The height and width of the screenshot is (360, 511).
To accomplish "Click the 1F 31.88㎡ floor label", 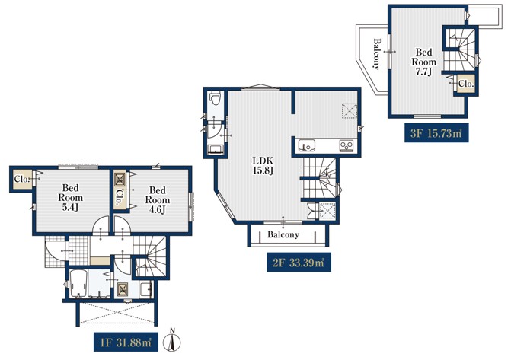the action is pyautogui.click(x=126, y=342).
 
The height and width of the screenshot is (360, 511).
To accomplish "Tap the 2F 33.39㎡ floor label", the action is pyautogui.click(x=299, y=263).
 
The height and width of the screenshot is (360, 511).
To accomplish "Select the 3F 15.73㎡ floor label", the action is pyautogui.click(x=436, y=132).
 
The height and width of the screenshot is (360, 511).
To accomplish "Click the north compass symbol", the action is pyautogui.click(x=173, y=340).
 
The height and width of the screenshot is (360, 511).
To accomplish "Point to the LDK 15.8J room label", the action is pyautogui.click(x=263, y=165).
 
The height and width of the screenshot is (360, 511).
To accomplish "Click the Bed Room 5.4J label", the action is pyautogui.click(x=70, y=197).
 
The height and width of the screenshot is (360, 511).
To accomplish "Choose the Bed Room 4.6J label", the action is pyautogui.click(x=158, y=199).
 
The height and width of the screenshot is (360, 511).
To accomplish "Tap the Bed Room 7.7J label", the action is pyautogui.click(x=423, y=62).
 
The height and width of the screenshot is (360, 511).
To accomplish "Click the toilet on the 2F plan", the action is pyautogui.click(x=216, y=97).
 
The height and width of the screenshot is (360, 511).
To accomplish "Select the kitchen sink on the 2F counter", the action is pyautogui.click(x=307, y=146).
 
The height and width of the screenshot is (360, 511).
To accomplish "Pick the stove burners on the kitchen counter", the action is pyautogui.click(x=347, y=145).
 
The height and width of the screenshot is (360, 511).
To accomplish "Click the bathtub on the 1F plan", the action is pyautogui.click(x=78, y=284).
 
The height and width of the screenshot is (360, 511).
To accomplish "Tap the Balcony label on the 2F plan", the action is pyautogui.click(x=283, y=234).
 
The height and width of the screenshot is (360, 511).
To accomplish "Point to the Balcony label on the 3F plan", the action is pyautogui.click(x=377, y=54).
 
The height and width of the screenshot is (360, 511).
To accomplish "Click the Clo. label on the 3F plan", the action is pyautogui.click(x=466, y=84).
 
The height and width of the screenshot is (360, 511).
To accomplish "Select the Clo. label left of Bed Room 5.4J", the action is pyautogui.click(x=22, y=179).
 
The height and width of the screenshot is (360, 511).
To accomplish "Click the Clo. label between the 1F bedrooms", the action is pyautogui.click(x=119, y=198).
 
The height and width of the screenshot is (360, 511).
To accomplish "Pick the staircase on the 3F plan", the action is pyautogui.click(x=459, y=49).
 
